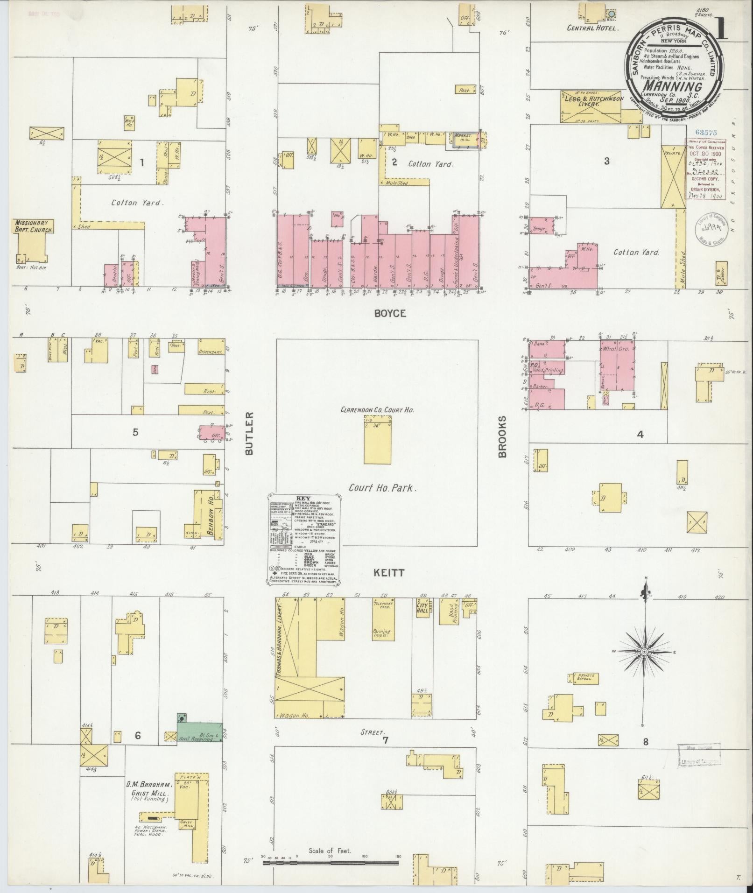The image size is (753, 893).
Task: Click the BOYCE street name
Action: pos(390,314)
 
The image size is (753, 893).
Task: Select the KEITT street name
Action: pos(389,572)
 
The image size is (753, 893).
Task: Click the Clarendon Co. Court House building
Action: pos(377,439)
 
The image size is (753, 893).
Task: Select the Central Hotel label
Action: pos(592,28)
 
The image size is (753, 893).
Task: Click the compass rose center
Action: pos(644,651)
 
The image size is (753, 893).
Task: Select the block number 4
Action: pos(640,435)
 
